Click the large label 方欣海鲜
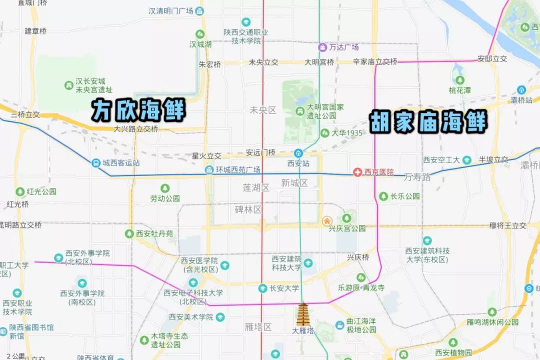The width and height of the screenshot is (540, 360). pyautogui.click(x=138, y=110)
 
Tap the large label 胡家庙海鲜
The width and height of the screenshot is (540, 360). pyautogui.click(x=428, y=121)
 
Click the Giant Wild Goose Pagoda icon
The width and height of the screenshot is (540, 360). pyautogui.click(x=303, y=314)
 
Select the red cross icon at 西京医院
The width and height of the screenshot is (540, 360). pyautogui.click(x=357, y=172)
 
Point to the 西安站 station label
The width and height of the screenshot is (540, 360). pyautogui.click(x=298, y=163)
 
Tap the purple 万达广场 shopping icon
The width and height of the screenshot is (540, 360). pyautogui.click(x=323, y=47)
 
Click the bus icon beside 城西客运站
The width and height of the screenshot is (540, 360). pyautogui.click(x=95, y=163)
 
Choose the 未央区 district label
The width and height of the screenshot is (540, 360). pyautogui.click(x=263, y=110)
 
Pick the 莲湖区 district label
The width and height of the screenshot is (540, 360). pyautogui.click(x=255, y=187)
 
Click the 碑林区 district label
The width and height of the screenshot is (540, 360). pyautogui.click(x=248, y=209)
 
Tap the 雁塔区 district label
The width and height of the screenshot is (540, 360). pyautogui.click(x=258, y=327)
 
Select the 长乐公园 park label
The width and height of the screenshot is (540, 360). pyautogui.click(x=404, y=196)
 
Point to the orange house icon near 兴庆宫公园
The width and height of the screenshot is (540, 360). pyautogui.click(x=326, y=220)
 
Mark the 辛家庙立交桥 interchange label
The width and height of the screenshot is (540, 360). pyautogui.click(x=375, y=62)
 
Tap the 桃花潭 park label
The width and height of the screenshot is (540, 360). pyautogui.click(x=459, y=90)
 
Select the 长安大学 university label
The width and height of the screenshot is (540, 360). pyautogui.click(x=284, y=288)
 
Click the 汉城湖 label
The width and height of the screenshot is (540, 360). pyautogui.click(x=200, y=44)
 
